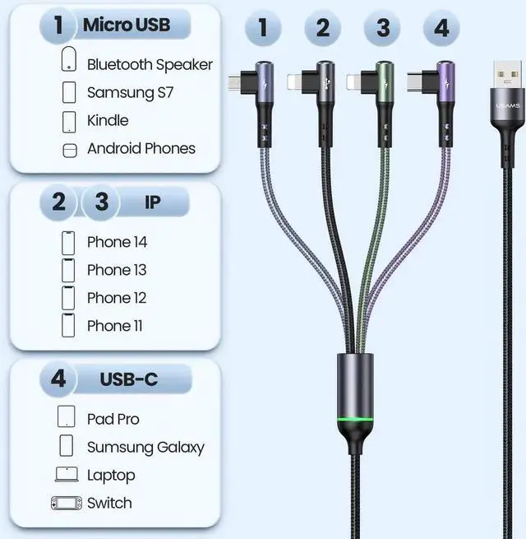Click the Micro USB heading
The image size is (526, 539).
[x=126, y=25]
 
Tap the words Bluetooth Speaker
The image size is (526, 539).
[x=150, y=64]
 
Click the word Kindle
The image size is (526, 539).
[x=108, y=120]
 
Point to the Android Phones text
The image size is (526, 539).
[x=141, y=148]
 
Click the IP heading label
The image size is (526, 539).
[x=153, y=202]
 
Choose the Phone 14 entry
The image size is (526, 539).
[x=117, y=242]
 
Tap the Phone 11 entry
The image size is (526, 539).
[x=115, y=326]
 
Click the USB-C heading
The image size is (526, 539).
[x=129, y=379]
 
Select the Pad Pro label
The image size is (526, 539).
[x=113, y=419]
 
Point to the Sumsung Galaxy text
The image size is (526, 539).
[x=145, y=447]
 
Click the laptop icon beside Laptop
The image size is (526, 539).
[x=67, y=475]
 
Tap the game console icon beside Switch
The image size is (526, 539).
[x=67, y=503]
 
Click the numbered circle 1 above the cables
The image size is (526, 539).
[x=263, y=28]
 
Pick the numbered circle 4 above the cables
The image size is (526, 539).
[x=441, y=28]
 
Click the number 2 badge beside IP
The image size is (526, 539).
[x=58, y=202]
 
